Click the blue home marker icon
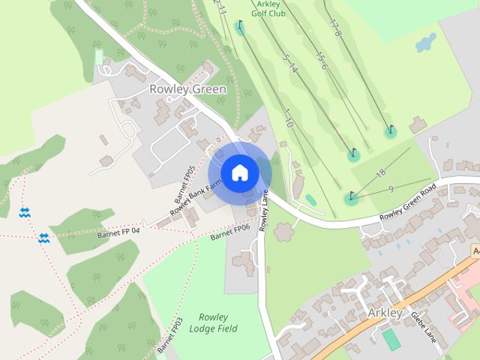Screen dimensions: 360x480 click(239, 173)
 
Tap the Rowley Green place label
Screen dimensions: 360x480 click(187, 89)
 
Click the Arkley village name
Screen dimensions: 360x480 click(385, 312)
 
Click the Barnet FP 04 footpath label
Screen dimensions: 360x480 click(118, 232)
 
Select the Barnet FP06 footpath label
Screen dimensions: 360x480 click(229, 232)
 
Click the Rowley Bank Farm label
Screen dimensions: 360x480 click(196, 197)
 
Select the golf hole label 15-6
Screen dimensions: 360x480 click(321, 61)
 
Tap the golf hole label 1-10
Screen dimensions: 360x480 click(286, 117)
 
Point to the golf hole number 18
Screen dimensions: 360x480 click(380, 173)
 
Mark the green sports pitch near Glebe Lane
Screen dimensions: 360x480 click(391, 339)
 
